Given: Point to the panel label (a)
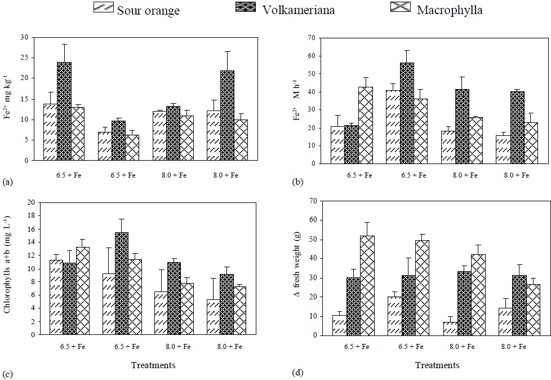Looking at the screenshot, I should [7, 182].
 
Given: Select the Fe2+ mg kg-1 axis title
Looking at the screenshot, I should [7, 100].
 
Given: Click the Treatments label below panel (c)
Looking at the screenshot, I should [153, 365].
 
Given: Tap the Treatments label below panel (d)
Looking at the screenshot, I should [437, 365].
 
